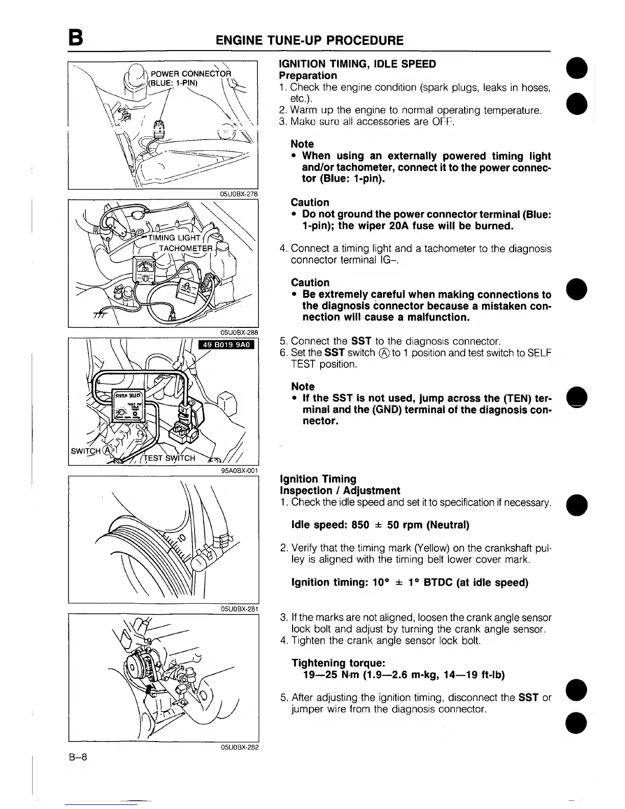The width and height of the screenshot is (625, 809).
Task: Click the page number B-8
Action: [x=78, y=757]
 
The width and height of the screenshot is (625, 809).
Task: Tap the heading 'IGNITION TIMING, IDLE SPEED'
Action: [x=357, y=64]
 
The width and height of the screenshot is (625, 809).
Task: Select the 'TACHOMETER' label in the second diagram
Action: [x=184, y=249]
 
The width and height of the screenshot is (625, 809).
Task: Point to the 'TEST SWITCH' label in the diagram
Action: [x=170, y=458]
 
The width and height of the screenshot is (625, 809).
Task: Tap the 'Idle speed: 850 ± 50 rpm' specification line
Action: [x=380, y=525]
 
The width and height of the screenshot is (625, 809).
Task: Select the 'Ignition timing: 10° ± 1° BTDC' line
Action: [x=409, y=582]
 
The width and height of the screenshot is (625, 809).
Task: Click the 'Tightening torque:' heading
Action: [x=338, y=663]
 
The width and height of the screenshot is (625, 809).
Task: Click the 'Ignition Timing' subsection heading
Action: [x=318, y=479]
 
